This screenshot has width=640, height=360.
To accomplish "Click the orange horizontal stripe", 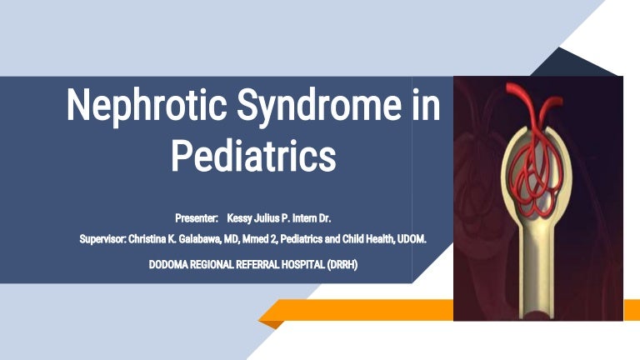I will pos(367,310).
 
